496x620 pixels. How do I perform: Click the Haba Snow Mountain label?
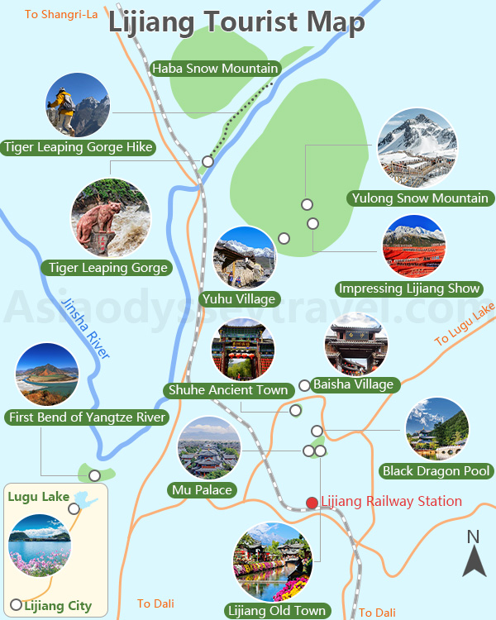[216, 69]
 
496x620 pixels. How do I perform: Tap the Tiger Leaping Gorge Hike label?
[79, 147]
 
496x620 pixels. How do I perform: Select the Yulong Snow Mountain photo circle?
[417, 148]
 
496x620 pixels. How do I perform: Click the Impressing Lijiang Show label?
[409, 289]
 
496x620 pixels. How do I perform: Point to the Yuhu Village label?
[239, 298]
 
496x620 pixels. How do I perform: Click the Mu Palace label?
[202, 490]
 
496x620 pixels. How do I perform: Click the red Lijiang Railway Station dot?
[312, 503]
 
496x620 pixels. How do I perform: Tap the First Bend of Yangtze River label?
[87, 417]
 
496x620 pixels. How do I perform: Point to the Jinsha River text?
[85, 330]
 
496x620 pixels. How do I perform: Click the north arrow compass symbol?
[474, 555]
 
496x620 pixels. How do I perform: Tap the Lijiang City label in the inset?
[57, 606]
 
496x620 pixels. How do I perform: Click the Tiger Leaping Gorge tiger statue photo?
[111, 218]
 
